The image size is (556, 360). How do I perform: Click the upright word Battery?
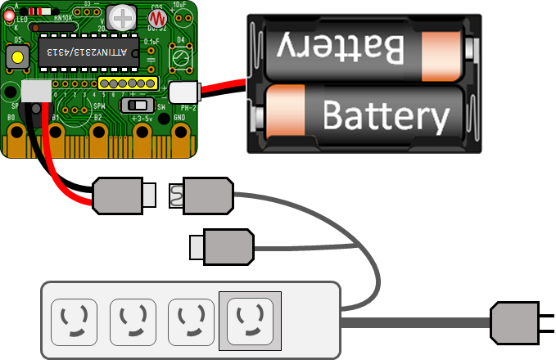click(386, 115)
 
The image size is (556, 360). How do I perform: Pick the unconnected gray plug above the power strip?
click(224, 246)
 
